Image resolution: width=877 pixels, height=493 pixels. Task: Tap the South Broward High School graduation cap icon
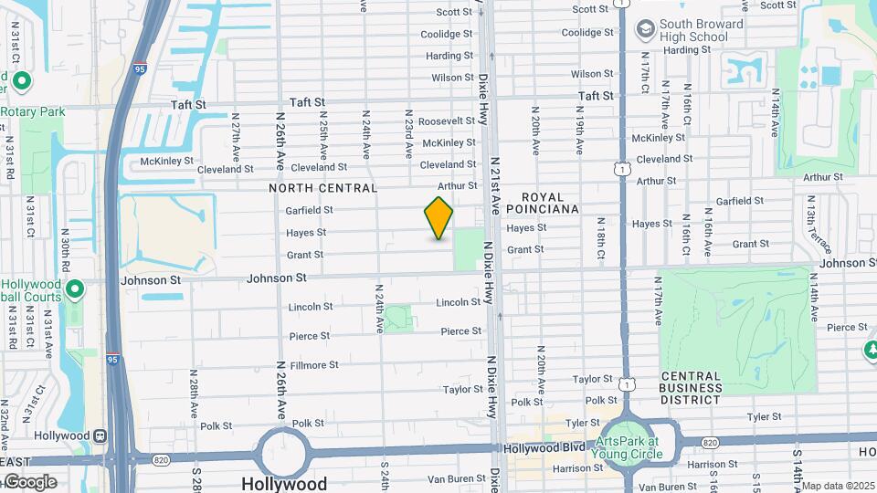[646, 29]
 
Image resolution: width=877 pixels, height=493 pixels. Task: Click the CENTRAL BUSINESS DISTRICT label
[704, 382]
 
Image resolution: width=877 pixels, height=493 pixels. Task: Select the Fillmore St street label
[314, 365]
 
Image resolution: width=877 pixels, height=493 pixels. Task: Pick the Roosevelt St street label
[448, 121]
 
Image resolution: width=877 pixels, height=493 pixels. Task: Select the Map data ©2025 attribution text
[838, 486]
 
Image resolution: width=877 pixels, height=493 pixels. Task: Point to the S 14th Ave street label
[797, 466]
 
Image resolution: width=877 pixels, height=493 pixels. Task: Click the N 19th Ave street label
[578, 132]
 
